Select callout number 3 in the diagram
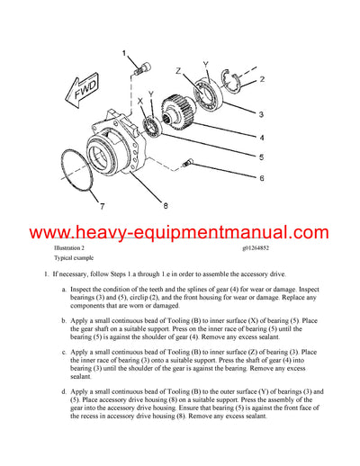(x=260, y=113)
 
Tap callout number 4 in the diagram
(x=260, y=138)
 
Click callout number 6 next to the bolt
(x=260, y=178)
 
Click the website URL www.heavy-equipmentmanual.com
(x=180, y=233)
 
